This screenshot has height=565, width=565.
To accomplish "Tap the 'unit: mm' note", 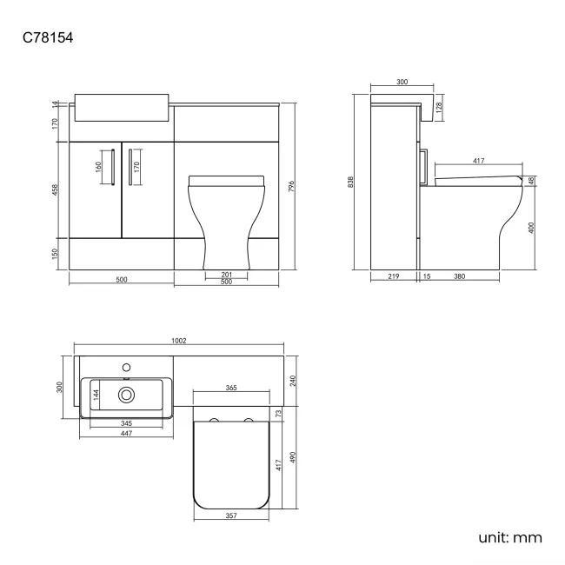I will coord(509,537).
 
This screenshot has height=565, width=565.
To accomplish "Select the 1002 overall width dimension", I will coord(180,342).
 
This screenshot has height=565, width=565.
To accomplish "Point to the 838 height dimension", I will coord(351,182).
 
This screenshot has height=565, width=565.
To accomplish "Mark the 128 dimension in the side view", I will coord(441,107).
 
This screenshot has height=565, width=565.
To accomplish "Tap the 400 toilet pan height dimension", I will coord(531,228).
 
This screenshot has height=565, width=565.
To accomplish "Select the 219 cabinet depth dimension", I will coord(392,277).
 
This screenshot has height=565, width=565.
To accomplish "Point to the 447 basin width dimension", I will coord(127,434).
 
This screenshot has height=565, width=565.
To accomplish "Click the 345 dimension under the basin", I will coord(127,423).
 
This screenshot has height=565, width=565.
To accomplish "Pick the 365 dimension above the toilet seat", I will coord(232,388).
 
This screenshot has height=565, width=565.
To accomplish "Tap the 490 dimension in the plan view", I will coord(293,457).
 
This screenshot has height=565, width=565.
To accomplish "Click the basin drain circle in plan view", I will coord(128,395).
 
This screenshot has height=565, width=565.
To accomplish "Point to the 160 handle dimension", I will coord(99,166).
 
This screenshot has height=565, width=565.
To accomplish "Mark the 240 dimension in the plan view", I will coord(293,380).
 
